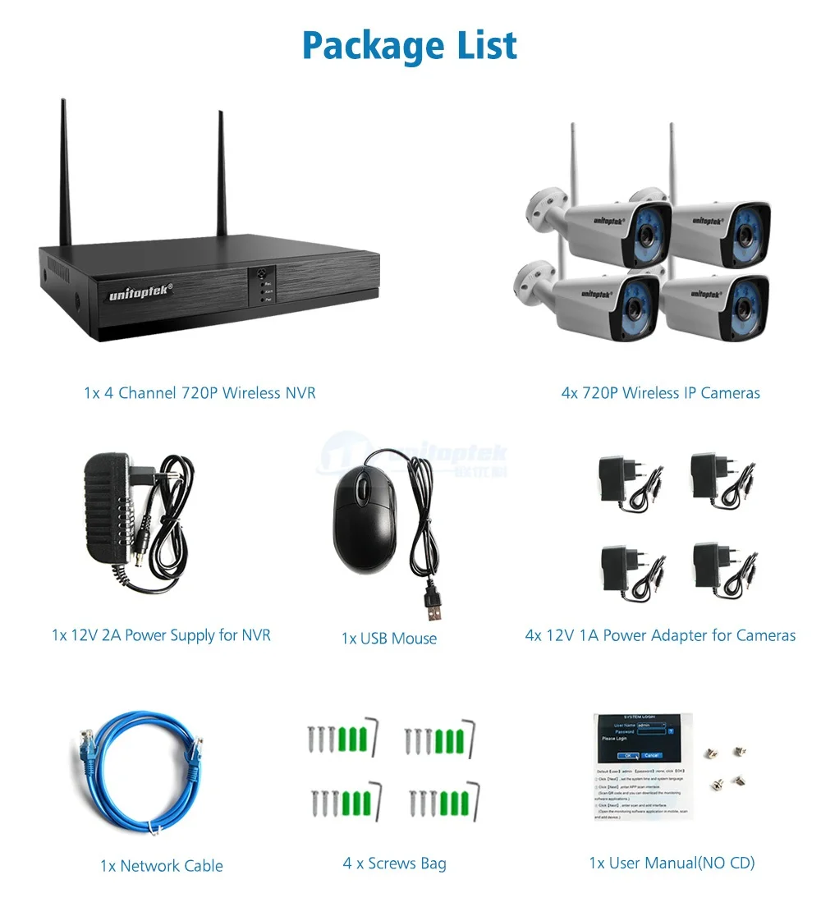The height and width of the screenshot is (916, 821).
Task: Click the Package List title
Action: point(410,46)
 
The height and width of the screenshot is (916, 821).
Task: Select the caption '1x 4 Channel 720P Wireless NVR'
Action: point(200,393)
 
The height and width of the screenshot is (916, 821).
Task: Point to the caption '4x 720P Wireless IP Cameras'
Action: point(660,393)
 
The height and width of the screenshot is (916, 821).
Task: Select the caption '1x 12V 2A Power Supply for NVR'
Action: point(161,634)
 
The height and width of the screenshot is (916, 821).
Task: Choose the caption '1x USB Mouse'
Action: point(389,639)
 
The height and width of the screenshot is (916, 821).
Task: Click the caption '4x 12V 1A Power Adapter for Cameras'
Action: point(660,635)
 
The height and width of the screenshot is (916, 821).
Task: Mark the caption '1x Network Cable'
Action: point(162,866)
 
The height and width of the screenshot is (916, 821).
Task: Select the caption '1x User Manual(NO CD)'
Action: point(672,863)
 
